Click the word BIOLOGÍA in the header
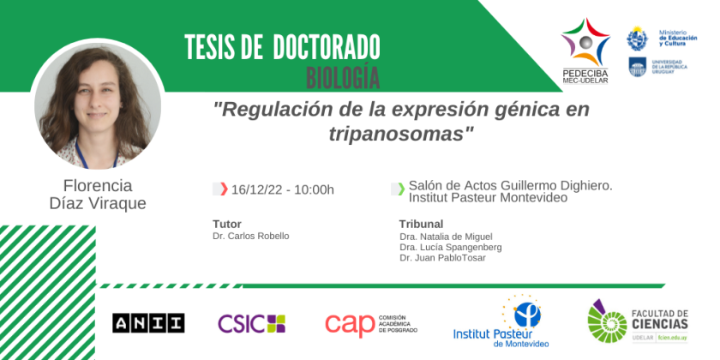pos(343,78)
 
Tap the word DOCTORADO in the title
pos(327,47)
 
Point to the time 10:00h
pos(313,189)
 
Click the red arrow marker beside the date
pos(224,189)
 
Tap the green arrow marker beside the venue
pos(401,189)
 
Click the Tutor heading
pos(227,224)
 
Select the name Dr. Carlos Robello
pos(250,236)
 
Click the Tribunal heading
pos(421,224)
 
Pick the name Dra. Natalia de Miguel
pos(446,237)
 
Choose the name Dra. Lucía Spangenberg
pos(451,248)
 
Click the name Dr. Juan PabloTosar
pos(442,258)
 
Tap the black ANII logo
pos(148,323)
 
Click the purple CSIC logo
pos(251,323)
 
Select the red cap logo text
pos(351,325)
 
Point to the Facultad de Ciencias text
pos(660,319)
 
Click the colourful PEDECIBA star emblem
pos(585,41)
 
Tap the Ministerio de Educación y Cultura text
pos(678,38)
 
